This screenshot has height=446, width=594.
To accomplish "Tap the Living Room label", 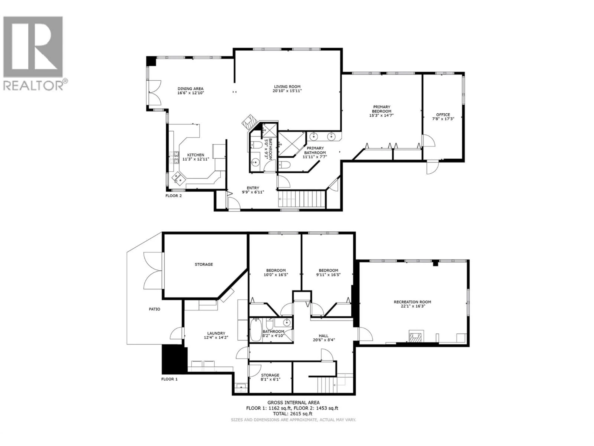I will (x=287, y=87).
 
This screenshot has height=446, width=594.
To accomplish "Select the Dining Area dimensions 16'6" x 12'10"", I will (x=191, y=93).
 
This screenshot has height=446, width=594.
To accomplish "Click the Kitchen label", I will (x=196, y=155).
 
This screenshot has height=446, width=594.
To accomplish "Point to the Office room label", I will (x=443, y=115).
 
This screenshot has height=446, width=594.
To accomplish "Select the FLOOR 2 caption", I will (x=173, y=196).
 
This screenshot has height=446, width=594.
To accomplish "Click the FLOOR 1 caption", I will (x=169, y=379).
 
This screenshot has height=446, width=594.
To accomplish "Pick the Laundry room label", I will (x=216, y=333).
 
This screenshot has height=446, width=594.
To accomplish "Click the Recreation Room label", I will (x=412, y=302).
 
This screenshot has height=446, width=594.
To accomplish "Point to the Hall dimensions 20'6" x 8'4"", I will (x=324, y=340).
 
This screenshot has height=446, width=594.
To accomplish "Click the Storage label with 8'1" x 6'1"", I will (x=270, y=375).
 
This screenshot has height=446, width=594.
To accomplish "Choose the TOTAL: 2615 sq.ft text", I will (x=293, y=414).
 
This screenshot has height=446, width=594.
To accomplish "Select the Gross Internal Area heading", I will (x=293, y=402).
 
